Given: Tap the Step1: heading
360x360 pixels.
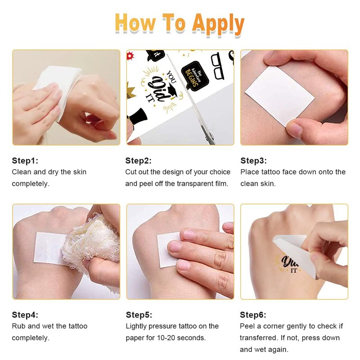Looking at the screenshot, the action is (x=25, y=161).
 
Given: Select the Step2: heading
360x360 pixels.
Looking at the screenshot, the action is (x=139, y=161).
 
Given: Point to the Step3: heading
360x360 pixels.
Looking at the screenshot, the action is (x=253, y=161).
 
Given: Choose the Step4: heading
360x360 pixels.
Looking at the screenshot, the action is (x=25, y=315).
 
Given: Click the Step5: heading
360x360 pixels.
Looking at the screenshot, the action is (x=139, y=315).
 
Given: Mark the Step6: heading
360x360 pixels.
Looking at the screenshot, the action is (x=253, y=315).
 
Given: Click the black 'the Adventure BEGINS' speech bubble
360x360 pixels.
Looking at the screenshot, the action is (x=195, y=75).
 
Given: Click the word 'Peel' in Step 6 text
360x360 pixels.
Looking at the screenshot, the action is (x=247, y=326).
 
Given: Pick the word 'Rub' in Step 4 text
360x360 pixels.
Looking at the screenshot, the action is (x=19, y=326).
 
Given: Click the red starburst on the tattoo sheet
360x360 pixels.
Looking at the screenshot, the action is (x=130, y=56).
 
